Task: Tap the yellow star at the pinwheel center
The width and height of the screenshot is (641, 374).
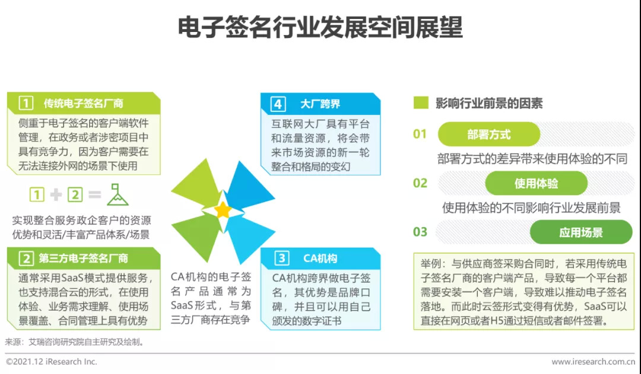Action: pyautogui.click(x=223, y=210)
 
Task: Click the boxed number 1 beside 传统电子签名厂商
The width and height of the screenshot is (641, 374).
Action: pyautogui.click(x=25, y=103)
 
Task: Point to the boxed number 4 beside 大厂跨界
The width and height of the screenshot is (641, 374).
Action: pyautogui.click(x=278, y=104)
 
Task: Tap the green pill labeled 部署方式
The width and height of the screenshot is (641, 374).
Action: pyautogui.click(x=488, y=135)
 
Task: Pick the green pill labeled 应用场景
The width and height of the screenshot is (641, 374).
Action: pyautogui.click(x=580, y=232)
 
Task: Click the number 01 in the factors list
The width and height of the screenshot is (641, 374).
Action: pyautogui.click(x=420, y=135)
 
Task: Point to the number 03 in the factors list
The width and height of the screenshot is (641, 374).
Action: pyautogui.click(x=420, y=232)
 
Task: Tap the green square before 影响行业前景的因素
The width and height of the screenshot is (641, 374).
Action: pyautogui.click(x=421, y=103)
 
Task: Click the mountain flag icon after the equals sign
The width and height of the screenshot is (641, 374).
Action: pyautogui.click(x=117, y=194)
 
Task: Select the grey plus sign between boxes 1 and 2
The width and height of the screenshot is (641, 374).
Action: pyautogui.click(x=56, y=194)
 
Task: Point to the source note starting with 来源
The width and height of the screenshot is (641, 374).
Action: pyautogui.click(x=74, y=342)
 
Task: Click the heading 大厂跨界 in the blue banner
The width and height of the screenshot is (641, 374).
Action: pyautogui.click(x=320, y=104)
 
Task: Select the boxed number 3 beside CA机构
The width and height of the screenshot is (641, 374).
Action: pyautogui.click(x=283, y=258)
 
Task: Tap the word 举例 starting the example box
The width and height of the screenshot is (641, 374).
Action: pyautogui.click(x=430, y=263)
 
